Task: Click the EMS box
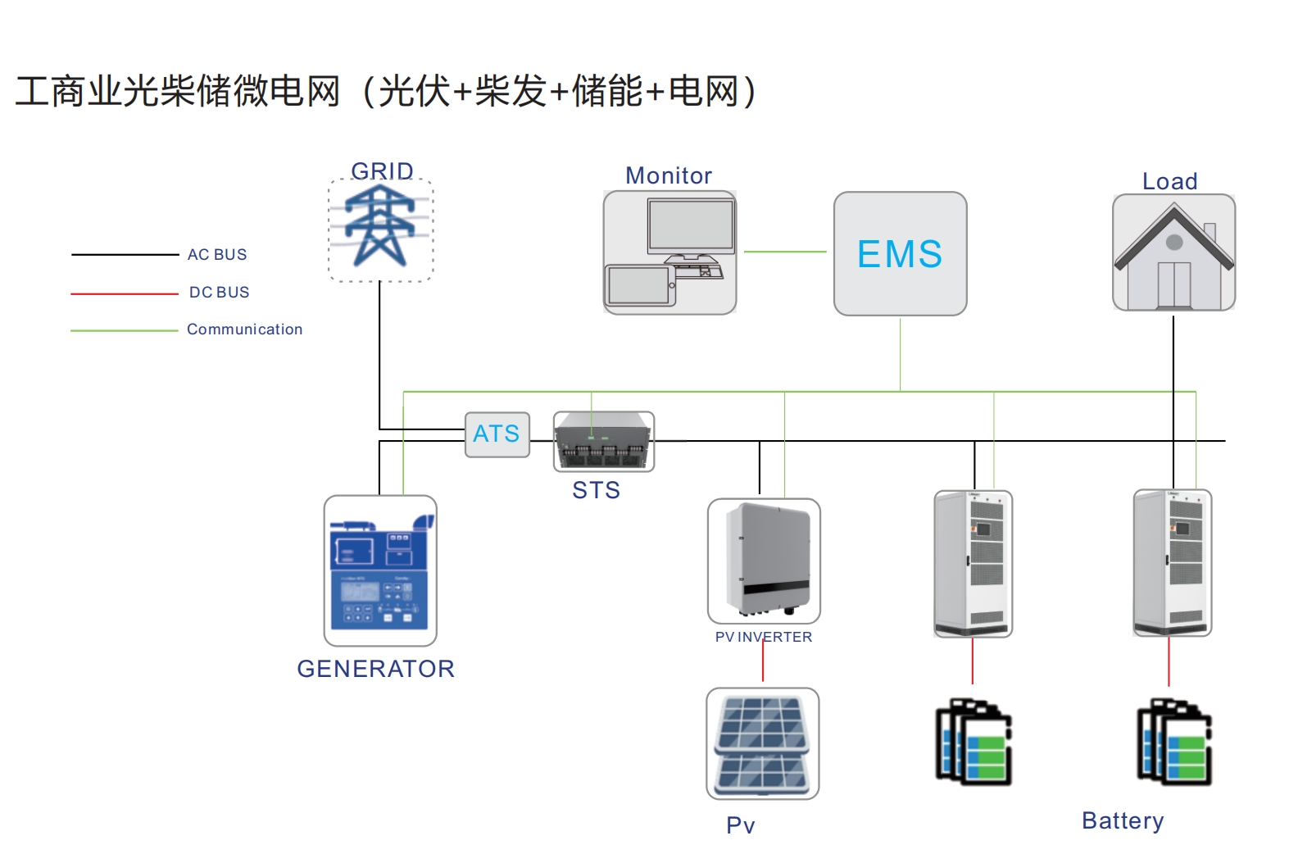click(x=900, y=254)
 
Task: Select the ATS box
click(x=497, y=434)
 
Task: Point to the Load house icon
click(x=1173, y=253)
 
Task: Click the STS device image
click(x=604, y=442)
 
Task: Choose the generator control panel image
click(x=380, y=570)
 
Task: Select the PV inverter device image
click(x=764, y=561)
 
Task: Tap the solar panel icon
click(x=762, y=743)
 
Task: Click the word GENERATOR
click(x=375, y=669)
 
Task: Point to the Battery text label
click(x=1122, y=820)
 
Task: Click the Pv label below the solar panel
click(x=740, y=824)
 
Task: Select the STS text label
click(x=596, y=490)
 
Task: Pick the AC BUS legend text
click(x=217, y=255)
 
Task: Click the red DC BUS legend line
click(x=124, y=293)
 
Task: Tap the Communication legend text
click(x=244, y=329)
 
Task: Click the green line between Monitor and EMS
click(x=784, y=252)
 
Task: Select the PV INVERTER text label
click(x=763, y=637)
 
